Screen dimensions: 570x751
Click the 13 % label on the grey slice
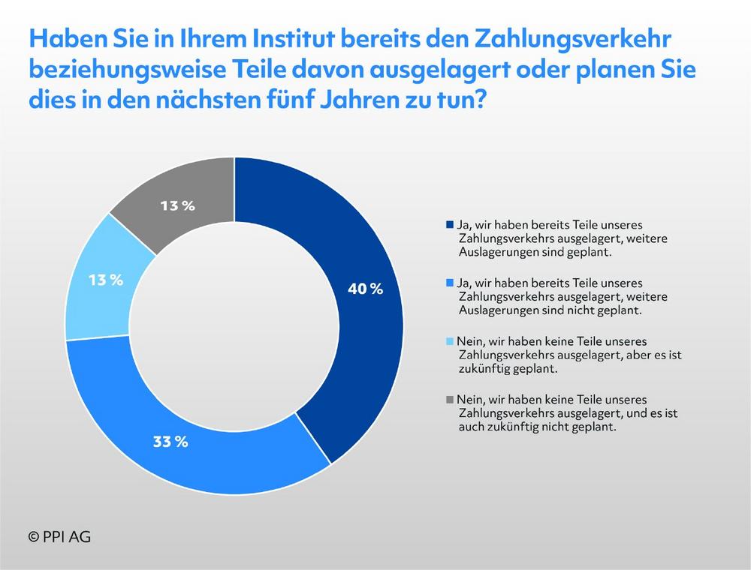[x=178, y=205]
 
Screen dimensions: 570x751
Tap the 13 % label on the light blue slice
[x=105, y=280]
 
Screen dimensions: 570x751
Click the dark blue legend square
[x=450, y=225]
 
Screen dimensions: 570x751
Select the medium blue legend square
[x=450, y=283]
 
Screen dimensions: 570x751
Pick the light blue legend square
[x=450, y=341]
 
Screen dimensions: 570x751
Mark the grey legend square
[x=450, y=400]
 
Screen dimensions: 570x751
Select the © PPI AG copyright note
[x=60, y=537]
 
